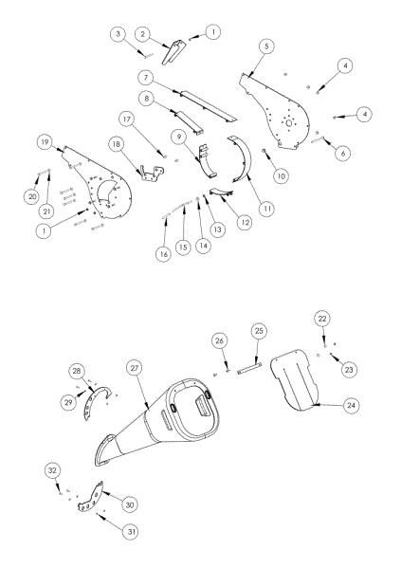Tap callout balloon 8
(147, 98)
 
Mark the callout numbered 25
(263, 330)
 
